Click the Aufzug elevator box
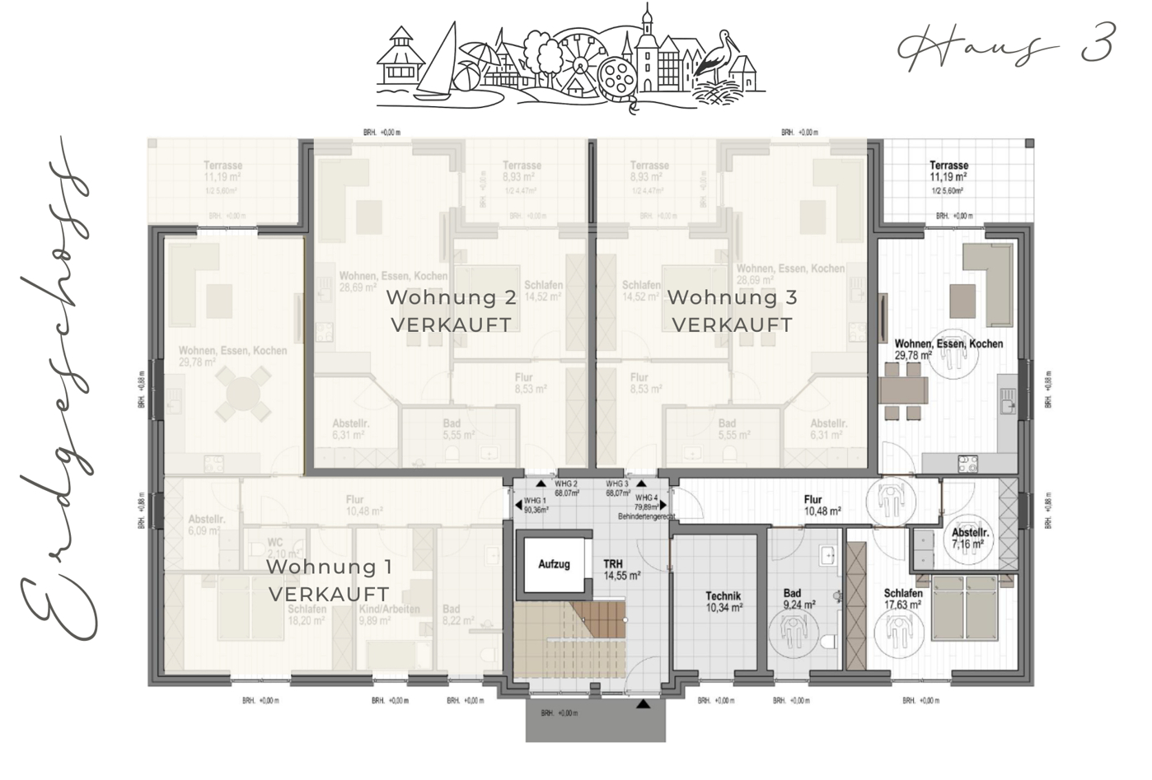pyautogui.click(x=554, y=565)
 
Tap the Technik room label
pyautogui.click(x=723, y=602)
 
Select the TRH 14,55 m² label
pyautogui.click(x=621, y=570)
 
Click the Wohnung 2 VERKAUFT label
pyautogui.click(x=451, y=311)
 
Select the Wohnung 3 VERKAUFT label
pyautogui.click(x=732, y=311)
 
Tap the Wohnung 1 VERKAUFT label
pyautogui.click(x=328, y=580)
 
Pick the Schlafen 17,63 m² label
pyautogui.click(x=902, y=599)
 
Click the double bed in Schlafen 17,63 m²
pyautogui.click(x=974, y=609)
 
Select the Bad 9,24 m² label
pyautogui.click(x=798, y=599)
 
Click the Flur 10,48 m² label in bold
pyautogui.click(x=822, y=505)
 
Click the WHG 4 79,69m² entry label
pyautogui.click(x=646, y=502)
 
